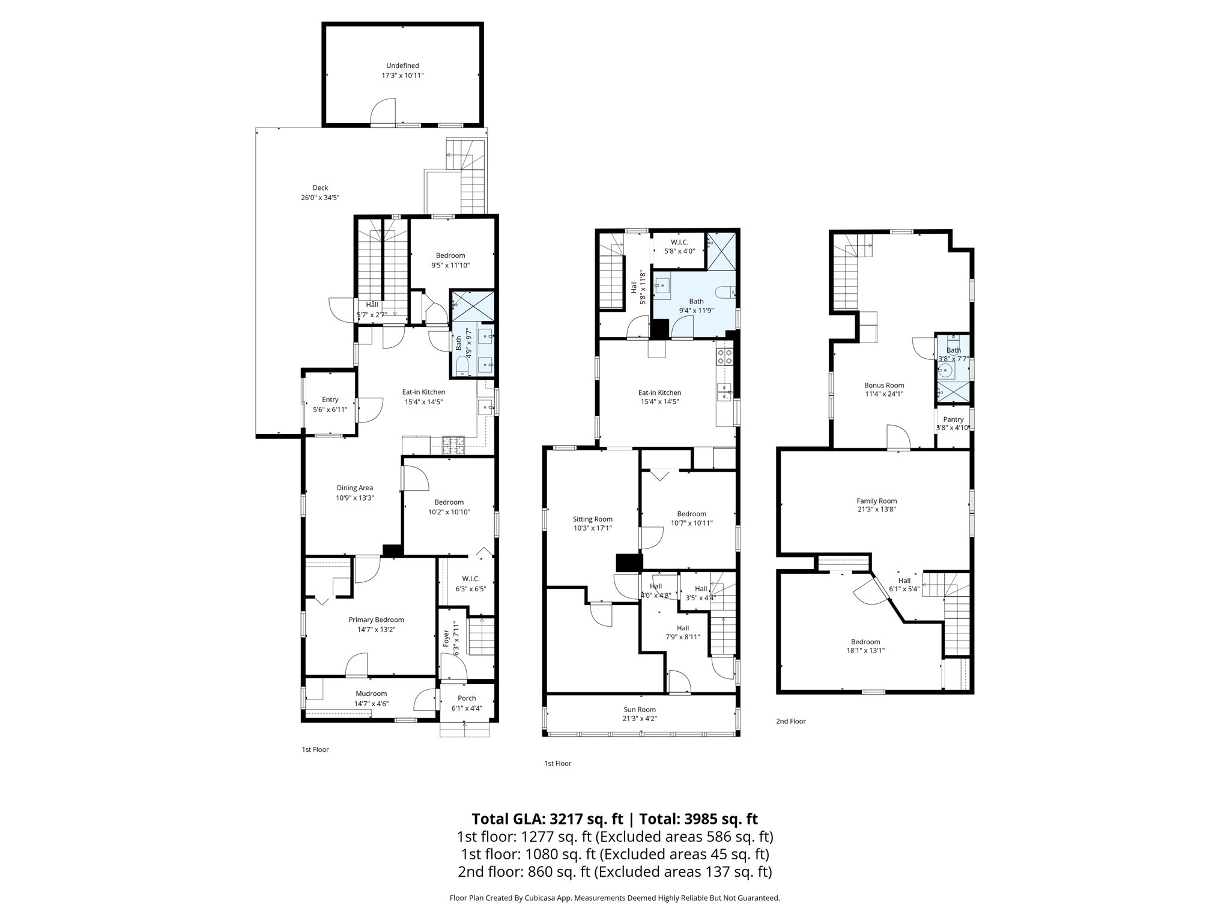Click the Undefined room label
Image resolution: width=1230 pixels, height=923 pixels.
(402, 70)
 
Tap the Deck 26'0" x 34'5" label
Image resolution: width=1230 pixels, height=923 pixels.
(320, 192)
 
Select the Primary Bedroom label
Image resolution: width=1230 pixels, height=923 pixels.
(376, 624)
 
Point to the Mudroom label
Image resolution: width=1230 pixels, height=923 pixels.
(371, 698)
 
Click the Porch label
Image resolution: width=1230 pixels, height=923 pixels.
(467, 703)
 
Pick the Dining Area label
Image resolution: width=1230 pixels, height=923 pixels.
(354, 493)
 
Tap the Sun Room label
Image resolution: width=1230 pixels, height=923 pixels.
(639, 714)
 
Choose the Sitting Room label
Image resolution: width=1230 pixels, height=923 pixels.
(592, 523)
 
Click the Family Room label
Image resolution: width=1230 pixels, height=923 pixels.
(876, 505)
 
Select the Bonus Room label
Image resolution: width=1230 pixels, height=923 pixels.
(883, 389)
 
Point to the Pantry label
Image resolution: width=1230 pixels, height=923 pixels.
(953, 424)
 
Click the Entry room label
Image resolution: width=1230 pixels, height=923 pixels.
(330, 404)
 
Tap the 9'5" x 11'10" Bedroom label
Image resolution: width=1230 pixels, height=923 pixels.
(450, 260)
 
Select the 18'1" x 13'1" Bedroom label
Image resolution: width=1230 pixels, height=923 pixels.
(865, 646)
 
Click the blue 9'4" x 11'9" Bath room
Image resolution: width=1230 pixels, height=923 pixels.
(695, 300)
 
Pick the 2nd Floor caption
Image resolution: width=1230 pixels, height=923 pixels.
(790, 721)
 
